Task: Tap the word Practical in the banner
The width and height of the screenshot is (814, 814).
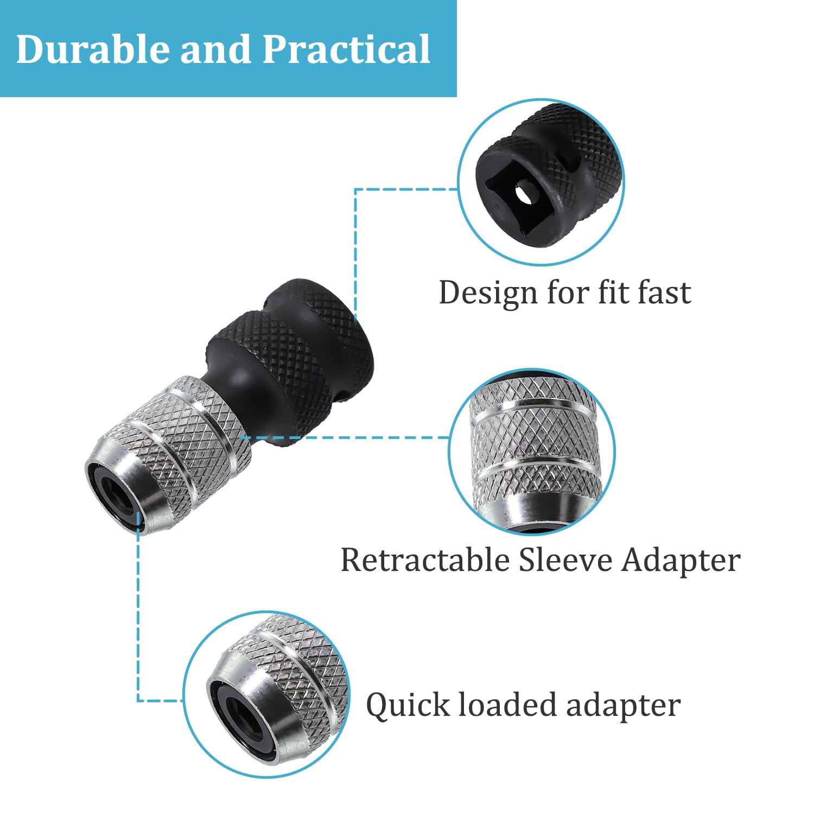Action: tap(346, 49)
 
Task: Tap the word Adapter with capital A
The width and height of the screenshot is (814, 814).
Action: tap(681, 561)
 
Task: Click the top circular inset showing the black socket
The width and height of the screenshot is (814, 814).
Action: tap(541, 182)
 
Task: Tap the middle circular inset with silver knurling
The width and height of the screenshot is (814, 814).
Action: tap(532, 452)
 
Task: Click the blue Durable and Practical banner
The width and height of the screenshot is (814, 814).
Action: tap(228, 49)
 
